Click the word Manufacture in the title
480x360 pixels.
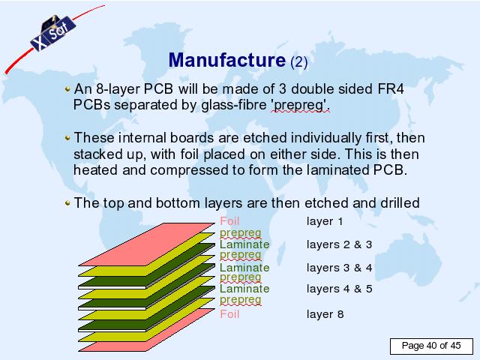click(x=226, y=60)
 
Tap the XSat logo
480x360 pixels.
click(x=52, y=33)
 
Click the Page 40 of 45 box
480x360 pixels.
click(x=431, y=346)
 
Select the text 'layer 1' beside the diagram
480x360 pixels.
click(x=325, y=221)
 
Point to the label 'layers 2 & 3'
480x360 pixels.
click(x=339, y=244)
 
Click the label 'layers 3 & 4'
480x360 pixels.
click(x=339, y=268)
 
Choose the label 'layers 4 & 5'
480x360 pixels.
click(x=339, y=289)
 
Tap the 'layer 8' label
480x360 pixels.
click(x=325, y=314)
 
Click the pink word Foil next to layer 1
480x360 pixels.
click(x=229, y=221)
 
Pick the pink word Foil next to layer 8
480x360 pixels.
click(x=229, y=314)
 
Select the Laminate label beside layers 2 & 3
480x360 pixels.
click(x=244, y=244)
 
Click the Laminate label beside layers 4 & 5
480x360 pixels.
click(x=244, y=289)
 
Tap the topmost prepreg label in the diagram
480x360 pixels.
click(x=241, y=233)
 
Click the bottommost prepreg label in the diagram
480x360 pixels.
click(x=241, y=300)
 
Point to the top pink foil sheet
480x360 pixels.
click(x=147, y=244)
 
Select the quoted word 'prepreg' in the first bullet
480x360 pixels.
click(x=300, y=105)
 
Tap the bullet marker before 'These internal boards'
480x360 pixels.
click(x=67, y=138)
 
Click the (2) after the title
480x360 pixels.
click(x=298, y=62)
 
